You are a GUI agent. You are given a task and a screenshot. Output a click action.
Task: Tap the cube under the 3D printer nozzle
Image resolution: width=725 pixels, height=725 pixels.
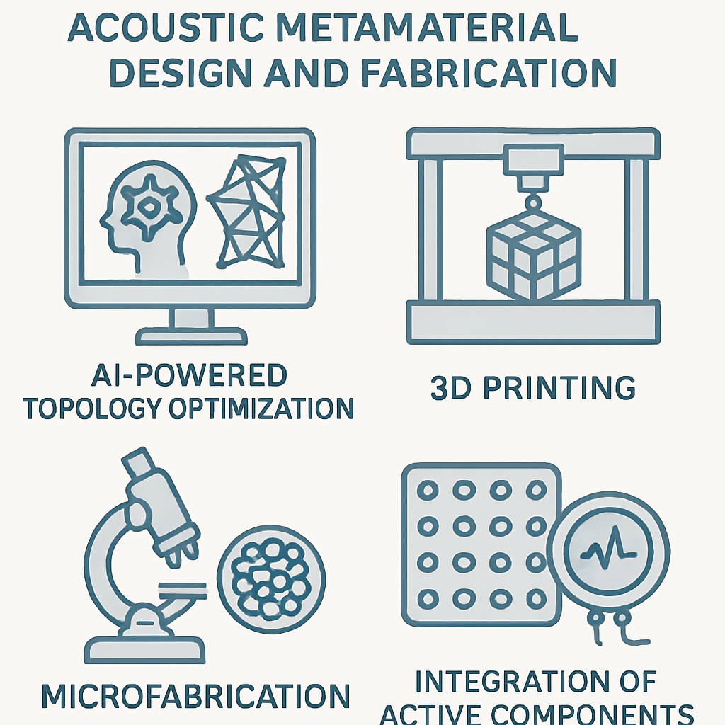point(533,253)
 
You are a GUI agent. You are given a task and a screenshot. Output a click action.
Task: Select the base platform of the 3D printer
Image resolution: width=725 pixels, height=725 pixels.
point(532,321)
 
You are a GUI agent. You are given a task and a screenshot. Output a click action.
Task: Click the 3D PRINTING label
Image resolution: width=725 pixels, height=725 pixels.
point(532,387)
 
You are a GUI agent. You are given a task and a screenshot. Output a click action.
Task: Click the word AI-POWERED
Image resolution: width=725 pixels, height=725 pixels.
point(190,375)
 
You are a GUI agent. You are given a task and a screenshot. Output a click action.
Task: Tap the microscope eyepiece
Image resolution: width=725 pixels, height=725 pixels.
point(137,464)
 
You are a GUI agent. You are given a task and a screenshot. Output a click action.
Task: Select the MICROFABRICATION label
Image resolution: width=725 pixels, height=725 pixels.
point(195,696)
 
